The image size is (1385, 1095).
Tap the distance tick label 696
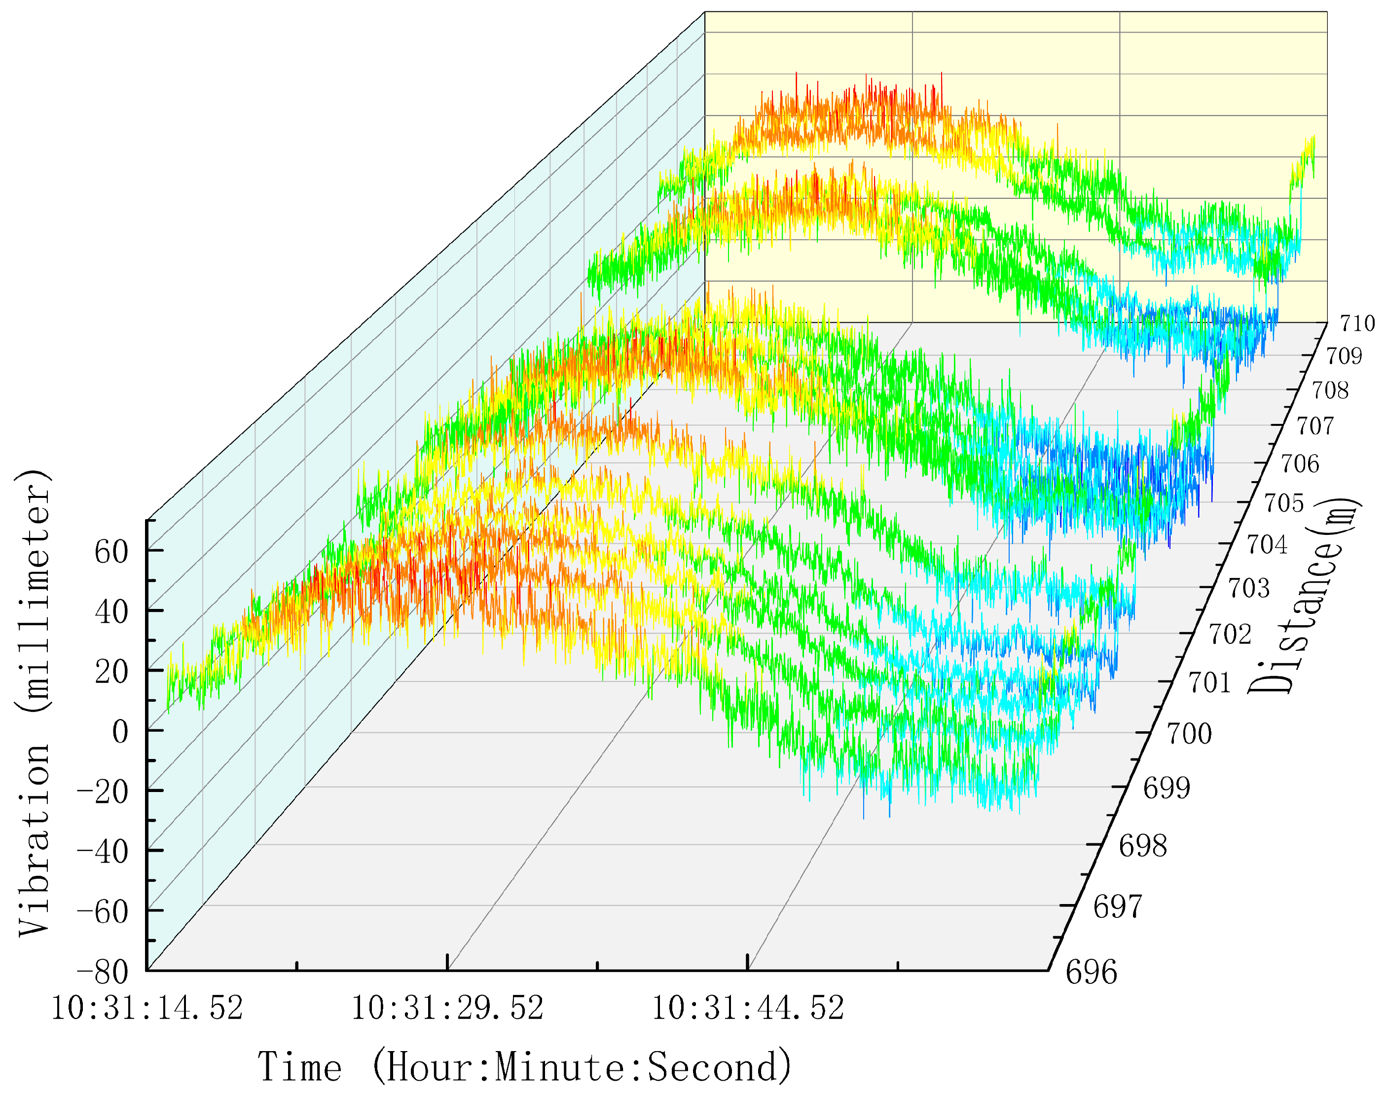(x=1091, y=973)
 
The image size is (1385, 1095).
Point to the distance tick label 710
(x=1357, y=324)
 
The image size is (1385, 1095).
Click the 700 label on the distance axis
(x=1189, y=733)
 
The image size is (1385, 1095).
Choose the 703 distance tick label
(x=1248, y=588)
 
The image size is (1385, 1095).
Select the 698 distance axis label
(x=1143, y=847)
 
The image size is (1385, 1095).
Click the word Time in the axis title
(x=300, y=1067)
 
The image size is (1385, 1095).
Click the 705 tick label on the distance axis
(x=1284, y=503)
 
